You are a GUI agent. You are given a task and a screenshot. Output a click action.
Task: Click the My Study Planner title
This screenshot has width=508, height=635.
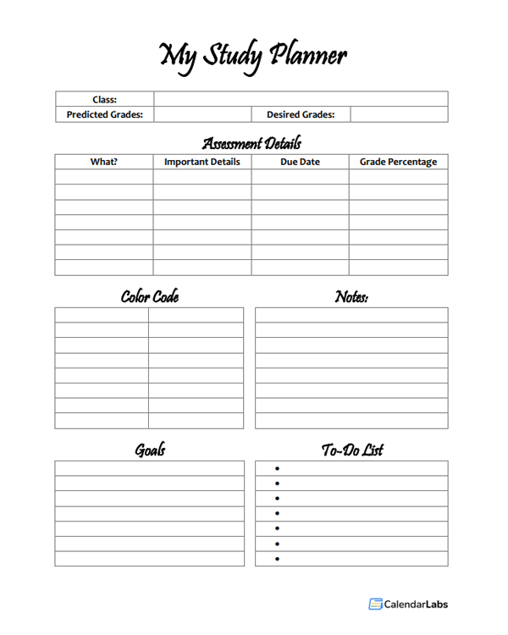point(252,56)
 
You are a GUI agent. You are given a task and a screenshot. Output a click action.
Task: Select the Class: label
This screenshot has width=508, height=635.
point(104,99)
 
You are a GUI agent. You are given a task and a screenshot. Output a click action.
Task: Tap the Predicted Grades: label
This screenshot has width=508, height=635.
point(104,114)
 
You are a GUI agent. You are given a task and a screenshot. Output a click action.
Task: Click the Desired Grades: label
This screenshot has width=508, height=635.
point(301,114)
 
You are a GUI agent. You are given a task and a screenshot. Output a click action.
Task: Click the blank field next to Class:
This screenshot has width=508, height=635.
point(301,99)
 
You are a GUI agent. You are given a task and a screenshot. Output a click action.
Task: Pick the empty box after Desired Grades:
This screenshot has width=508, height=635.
point(399,114)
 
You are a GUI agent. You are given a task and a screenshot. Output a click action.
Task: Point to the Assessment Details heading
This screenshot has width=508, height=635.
point(251,142)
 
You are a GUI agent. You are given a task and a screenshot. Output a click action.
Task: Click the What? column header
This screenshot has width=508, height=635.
point(104,162)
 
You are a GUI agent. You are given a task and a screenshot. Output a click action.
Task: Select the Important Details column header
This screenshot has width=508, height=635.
point(202,162)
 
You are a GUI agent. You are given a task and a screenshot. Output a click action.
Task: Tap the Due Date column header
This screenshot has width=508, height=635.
point(300,162)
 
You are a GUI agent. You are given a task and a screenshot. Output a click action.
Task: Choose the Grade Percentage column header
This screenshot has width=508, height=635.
point(398,162)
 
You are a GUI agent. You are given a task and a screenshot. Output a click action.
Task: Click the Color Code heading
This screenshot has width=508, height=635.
point(149,297)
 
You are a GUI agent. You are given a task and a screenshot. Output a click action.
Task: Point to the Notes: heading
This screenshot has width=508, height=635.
point(351,297)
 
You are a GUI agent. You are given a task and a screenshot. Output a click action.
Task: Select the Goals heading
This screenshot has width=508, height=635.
point(150,450)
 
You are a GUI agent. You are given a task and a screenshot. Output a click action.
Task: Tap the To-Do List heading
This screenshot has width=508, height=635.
point(351,450)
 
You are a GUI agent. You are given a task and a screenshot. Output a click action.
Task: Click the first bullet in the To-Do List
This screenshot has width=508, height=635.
point(277,468)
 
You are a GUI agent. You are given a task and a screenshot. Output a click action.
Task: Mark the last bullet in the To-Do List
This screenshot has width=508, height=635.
point(277,559)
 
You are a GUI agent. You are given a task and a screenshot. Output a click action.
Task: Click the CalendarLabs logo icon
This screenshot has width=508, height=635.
point(375,604)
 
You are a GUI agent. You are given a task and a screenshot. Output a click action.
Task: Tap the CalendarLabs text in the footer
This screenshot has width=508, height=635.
point(416,604)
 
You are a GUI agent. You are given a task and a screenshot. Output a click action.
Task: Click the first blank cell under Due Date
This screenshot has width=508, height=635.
point(300,177)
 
